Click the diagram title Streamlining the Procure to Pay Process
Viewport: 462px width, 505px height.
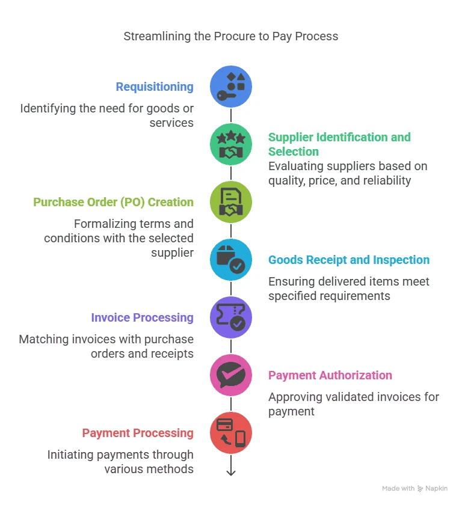[231, 36]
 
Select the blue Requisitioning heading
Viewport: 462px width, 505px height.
[155, 87]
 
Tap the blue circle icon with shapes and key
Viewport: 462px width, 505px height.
[231, 87]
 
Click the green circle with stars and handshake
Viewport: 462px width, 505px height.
[231, 144]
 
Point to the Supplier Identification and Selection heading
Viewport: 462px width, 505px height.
[339, 144]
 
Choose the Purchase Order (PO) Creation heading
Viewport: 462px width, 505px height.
[113, 202]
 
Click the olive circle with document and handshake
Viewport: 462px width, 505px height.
[231, 202]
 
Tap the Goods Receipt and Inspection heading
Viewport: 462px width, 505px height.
[349, 260]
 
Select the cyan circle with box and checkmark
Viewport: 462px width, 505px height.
[231, 260]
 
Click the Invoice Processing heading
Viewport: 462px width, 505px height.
[142, 317]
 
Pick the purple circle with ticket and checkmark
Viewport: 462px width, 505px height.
[231, 317]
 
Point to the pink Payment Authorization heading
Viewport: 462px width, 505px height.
[330, 375]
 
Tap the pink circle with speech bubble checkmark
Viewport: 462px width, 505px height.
[231, 375]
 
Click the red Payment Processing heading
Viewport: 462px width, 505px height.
[138, 433]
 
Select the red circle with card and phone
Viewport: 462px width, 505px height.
[231, 433]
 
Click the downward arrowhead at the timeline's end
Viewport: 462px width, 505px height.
[231, 473]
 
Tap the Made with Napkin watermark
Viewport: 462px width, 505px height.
[414, 489]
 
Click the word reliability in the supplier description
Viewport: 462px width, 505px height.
[383, 180]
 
